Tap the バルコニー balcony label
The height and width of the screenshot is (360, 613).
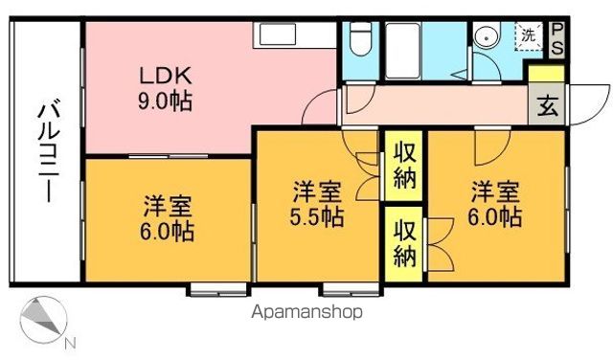(45, 153)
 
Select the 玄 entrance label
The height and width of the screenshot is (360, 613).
(547, 105)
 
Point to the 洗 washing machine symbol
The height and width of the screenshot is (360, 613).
(528, 35)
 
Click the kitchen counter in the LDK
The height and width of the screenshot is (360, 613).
(293, 37)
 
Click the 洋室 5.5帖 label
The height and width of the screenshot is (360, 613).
(317, 203)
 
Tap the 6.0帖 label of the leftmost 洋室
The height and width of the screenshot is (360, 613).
(170, 231)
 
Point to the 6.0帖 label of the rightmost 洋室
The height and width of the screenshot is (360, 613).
(495, 217)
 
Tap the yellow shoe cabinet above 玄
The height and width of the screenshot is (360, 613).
(547, 75)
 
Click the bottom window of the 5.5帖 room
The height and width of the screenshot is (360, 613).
(340, 287)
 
